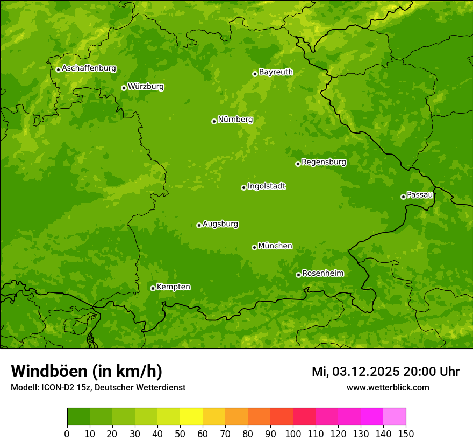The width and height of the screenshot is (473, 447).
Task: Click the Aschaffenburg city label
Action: tap(89, 68)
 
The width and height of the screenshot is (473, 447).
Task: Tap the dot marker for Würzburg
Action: tap(124, 88)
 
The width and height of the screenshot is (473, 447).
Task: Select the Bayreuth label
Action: tap(276, 72)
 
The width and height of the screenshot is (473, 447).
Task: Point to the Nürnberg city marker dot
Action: tap(214, 121)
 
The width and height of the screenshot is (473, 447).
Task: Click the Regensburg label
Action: tap(324, 162)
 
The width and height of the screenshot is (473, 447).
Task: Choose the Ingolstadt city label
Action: tap(266, 186)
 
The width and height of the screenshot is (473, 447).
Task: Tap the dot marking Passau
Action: tap(403, 197)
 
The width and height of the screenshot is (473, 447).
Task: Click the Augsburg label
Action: tap(220, 223)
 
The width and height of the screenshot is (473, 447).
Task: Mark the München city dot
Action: tap(254, 247)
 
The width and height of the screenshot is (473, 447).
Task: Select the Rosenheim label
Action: tap(322, 273)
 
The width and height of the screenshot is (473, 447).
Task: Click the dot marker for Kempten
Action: tap(153, 288)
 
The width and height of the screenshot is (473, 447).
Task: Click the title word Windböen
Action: tap(49, 371)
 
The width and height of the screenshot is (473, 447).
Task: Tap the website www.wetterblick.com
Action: tap(388, 387)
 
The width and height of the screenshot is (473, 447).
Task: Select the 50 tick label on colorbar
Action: tap(180, 434)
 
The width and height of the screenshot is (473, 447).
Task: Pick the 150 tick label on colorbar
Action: tap(406, 434)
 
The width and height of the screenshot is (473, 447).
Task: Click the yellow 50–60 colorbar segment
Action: tap(191, 416)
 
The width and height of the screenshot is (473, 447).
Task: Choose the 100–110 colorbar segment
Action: tap(304, 416)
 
